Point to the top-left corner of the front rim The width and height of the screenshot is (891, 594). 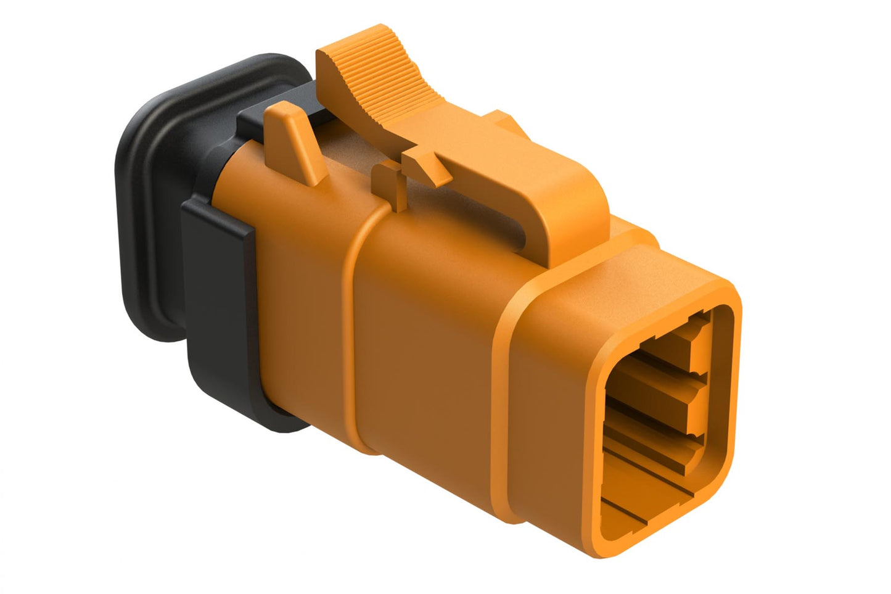tap(607, 308)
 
